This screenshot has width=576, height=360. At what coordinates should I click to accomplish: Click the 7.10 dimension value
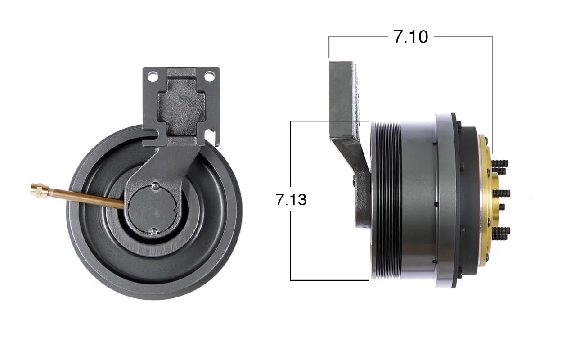[x=411, y=37]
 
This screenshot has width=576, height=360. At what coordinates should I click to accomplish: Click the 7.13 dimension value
[x=291, y=199]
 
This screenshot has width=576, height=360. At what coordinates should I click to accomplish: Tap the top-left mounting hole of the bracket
[x=153, y=76]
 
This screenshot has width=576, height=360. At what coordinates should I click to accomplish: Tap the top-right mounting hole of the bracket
[x=210, y=76]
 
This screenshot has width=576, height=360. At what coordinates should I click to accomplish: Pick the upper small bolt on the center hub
[x=156, y=186]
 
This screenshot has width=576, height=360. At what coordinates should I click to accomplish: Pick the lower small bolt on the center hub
[x=154, y=231]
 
